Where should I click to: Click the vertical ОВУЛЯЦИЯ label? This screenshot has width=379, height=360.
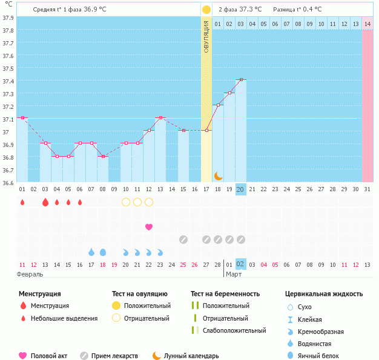pyautogui.click(x=206, y=36)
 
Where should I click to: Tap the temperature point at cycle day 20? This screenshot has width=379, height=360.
pyautogui.click(x=241, y=80)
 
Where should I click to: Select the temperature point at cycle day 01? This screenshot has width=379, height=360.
pyautogui.click(x=22, y=118)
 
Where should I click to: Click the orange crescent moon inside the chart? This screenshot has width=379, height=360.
pyautogui.click(x=219, y=176)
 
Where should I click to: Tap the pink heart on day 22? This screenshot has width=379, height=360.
pyautogui.click(x=149, y=227)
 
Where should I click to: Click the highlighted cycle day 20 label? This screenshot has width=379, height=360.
pyautogui.click(x=241, y=189)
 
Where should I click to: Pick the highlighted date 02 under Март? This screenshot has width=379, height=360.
pyautogui.click(x=241, y=264)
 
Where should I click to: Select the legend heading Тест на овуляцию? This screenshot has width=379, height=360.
pyautogui.click(x=140, y=294)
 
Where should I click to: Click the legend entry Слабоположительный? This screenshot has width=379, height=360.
pyautogui.click(x=234, y=330)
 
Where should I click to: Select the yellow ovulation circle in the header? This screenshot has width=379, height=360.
pyautogui.click(x=206, y=10)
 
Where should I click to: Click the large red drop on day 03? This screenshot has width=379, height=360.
pyautogui.click(x=45, y=202)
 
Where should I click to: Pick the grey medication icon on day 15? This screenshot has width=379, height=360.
pyautogui.click(x=183, y=240)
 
